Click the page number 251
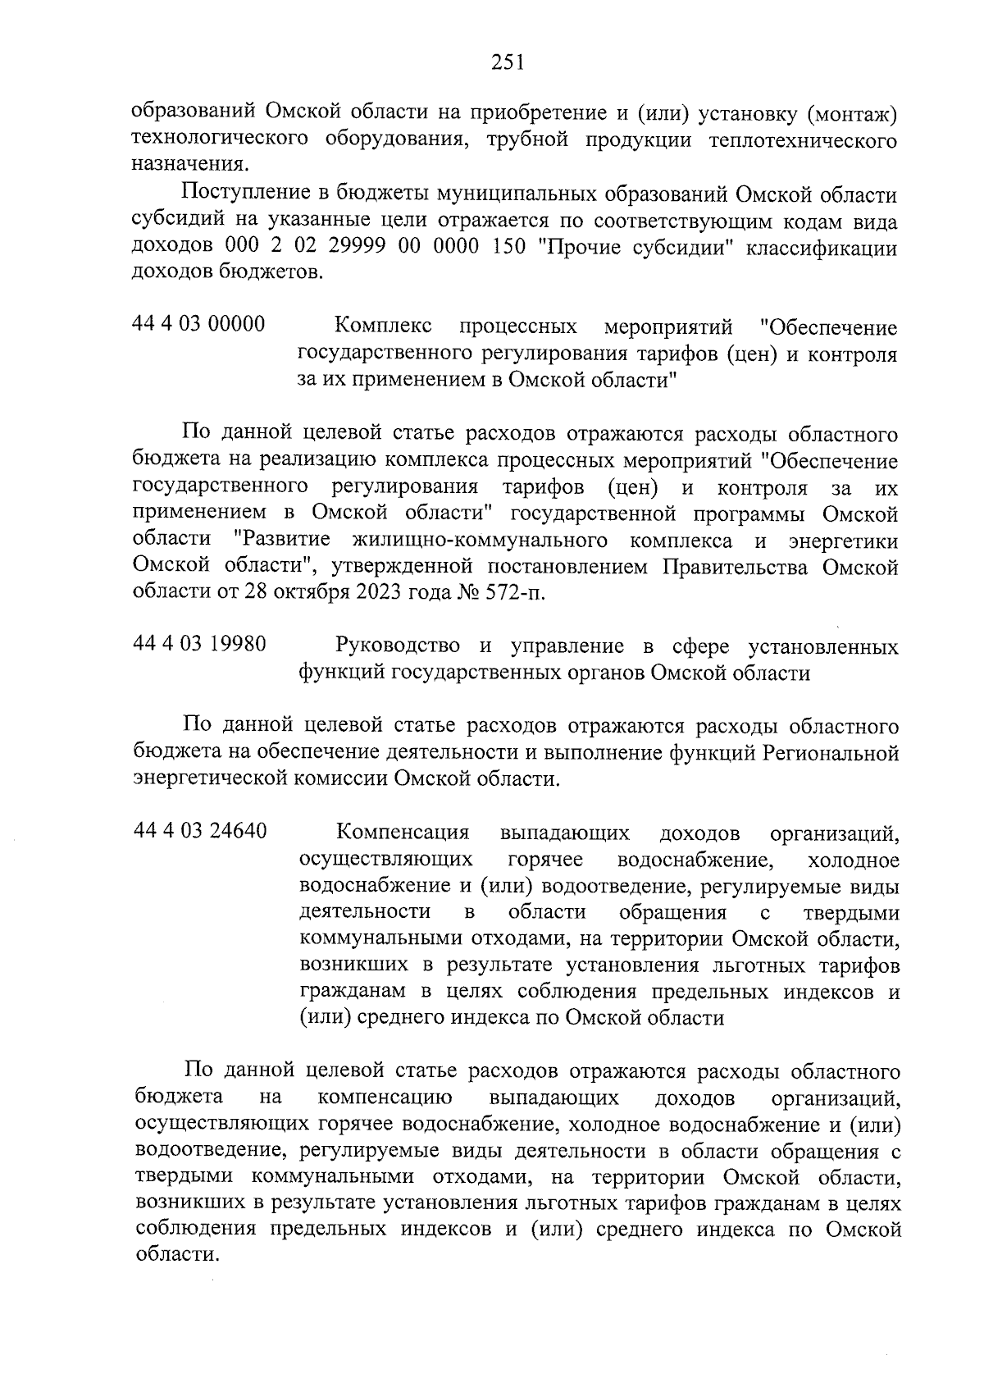508,62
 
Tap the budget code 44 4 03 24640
199,832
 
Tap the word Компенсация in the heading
403,833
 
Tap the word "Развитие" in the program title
283,541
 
